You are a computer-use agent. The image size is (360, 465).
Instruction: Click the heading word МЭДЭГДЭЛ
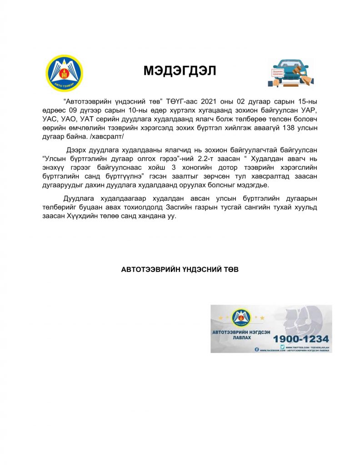(180, 71)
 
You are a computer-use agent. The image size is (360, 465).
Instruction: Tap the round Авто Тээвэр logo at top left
(65, 73)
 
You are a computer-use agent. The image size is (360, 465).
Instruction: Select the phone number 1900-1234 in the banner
(300, 338)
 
